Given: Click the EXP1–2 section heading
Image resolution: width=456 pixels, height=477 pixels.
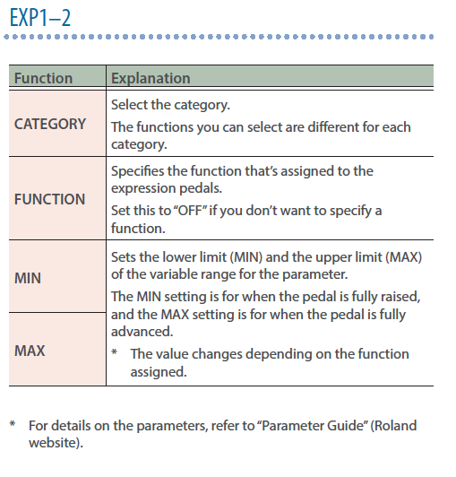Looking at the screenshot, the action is point(40,18).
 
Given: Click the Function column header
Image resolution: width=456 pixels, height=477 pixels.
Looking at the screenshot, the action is point(44,78).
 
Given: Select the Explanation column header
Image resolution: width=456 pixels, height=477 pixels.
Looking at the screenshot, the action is point(151,79).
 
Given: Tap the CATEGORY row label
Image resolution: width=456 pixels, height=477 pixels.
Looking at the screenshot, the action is point(50,124).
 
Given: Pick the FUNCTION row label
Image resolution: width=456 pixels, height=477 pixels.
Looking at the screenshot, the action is point(50,200).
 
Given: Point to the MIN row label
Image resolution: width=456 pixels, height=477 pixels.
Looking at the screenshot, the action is point(28,278).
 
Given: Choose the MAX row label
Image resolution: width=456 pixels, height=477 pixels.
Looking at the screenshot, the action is point(30,351).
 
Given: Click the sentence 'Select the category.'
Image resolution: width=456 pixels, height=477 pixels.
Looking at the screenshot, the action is point(170,105).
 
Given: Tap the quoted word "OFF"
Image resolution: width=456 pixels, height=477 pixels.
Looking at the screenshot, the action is point(190,211).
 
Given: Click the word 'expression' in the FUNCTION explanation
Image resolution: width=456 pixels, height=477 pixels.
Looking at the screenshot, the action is point(143,189).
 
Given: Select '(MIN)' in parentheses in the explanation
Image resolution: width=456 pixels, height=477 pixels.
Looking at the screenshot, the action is point(246,257).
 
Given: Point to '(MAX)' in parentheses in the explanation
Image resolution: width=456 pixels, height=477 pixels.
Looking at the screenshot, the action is point(404,257).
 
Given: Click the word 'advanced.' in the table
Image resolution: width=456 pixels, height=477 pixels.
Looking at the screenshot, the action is point(142,332).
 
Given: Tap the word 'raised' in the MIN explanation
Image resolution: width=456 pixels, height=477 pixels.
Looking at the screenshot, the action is point(401,297).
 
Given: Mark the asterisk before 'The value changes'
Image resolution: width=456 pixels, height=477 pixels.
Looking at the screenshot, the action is point(115,352).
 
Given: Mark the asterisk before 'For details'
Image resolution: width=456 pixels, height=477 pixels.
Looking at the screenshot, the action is point(13,424).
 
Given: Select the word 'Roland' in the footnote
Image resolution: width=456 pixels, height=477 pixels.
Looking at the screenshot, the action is point(395,426).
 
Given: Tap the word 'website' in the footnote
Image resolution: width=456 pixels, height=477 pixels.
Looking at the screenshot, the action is point(53,443).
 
